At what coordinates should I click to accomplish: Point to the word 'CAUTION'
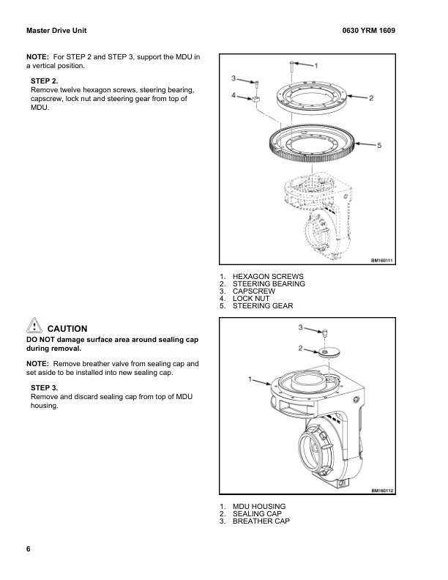(67, 329)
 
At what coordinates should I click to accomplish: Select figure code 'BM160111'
(381, 260)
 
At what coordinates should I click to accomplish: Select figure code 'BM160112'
(381, 490)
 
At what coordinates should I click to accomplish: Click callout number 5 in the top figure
(378, 145)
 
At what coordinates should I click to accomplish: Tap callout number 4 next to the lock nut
(233, 95)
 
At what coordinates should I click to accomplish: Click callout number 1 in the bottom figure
(250, 379)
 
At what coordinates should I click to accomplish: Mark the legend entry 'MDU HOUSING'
(258, 506)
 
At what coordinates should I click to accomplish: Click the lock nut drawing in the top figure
(257, 100)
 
